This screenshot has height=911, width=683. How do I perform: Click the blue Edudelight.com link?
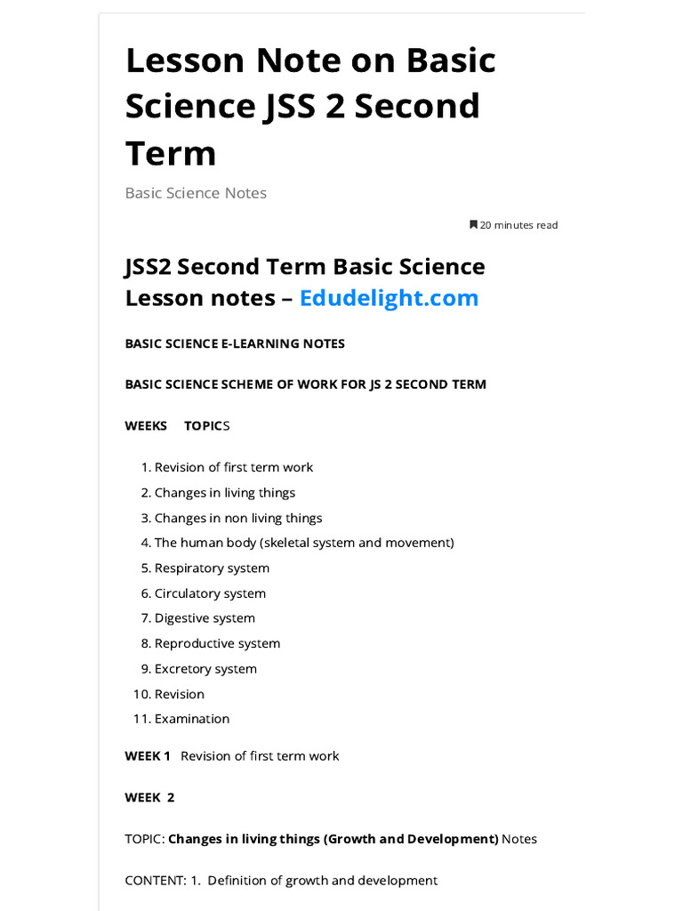point(389,297)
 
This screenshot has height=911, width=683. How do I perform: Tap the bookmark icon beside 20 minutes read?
point(473,225)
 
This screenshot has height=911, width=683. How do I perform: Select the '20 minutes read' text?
point(518,225)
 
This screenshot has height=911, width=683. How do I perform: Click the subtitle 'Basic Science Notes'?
point(196,193)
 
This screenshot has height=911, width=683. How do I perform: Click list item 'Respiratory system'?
point(212,568)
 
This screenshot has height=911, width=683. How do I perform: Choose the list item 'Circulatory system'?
point(210,593)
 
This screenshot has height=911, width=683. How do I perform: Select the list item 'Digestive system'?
point(205,618)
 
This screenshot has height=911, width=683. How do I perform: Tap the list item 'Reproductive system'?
point(217,643)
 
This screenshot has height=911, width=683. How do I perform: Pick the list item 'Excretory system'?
point(205,669)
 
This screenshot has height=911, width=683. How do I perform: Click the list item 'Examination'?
point(192,719)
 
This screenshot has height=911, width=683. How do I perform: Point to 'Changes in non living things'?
point(238,518)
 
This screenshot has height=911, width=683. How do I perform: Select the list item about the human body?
point(304,543)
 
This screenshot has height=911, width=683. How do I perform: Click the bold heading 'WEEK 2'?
point(149,797)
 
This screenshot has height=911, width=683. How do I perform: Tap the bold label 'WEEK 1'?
point(148,755)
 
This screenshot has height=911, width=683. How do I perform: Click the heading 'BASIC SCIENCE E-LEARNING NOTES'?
point(235,343)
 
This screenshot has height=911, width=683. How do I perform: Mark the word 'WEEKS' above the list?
point(146,425)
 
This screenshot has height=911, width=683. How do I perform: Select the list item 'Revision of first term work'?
point(234,467)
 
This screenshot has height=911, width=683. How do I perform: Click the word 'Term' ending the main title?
point(171,153)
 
